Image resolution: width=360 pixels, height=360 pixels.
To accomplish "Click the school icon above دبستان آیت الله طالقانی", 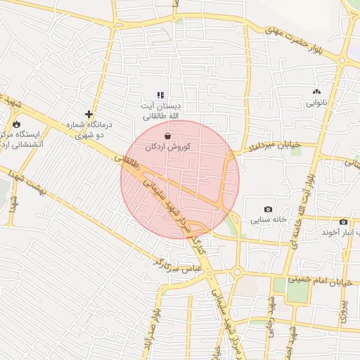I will (160, 94).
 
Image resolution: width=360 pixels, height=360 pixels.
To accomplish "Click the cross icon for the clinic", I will (89, 114).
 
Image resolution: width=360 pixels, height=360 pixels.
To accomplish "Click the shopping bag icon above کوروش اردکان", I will (167, 136).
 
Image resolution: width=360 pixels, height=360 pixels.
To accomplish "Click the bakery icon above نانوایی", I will (316, 91).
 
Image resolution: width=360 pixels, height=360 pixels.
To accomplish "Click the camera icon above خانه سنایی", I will (268, 210).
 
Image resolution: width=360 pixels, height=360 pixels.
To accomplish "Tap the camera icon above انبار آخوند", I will (343, 222).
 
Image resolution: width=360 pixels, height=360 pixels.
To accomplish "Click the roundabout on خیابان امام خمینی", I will (238, 273).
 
